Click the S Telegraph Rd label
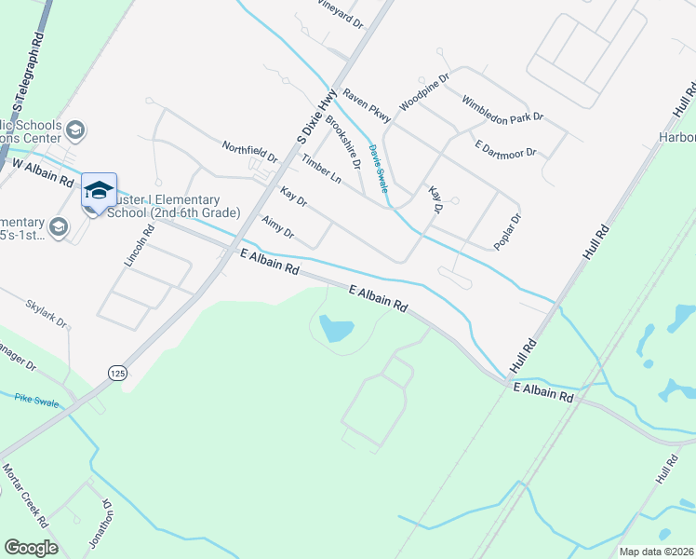pyautogui.click(x=27, y=70)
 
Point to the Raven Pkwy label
pyautogui.click(x=367, y=104)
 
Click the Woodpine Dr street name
pyautogui.click(x=424, y=91)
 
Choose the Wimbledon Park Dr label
pyautogui.click(x=502, y=109)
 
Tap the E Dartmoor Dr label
pyautogui.click(x=506, y=149)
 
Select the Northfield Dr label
pyautogui.click(x=249, y=151)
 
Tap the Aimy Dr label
pyautogui.click(x=278, y=226)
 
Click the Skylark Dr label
pyautogui.click(x=47, y=314)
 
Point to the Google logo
pyautogui.click(x=31, y=548)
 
